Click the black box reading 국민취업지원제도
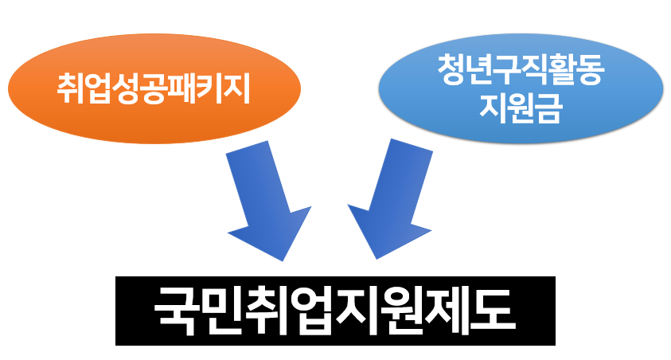click(334, 311)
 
